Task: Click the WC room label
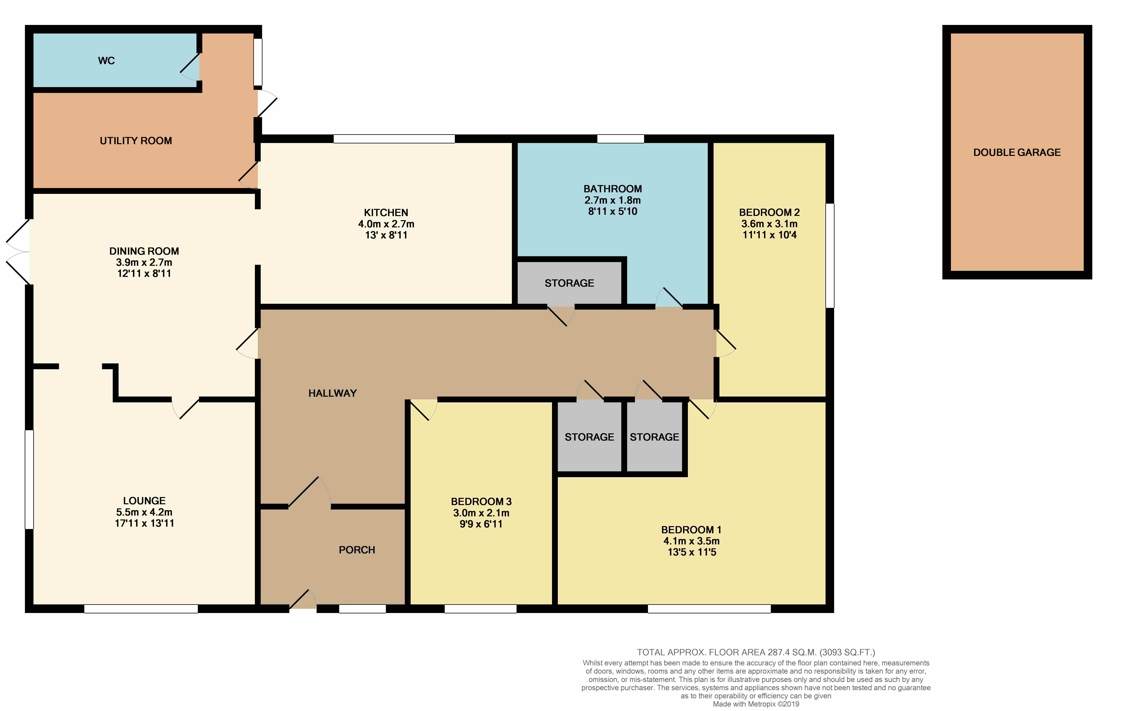[x=107, y=61]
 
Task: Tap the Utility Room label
[x=136, y=141]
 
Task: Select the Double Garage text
[x=1017, y=152]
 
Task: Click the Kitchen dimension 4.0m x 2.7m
[x=386, y=224]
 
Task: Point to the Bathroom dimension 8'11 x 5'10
[x=613, y=211]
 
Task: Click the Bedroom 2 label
[x=769, y=212]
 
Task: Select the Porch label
[x=357, y=550]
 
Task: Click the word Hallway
[x=333, y=393]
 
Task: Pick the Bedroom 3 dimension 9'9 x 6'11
[x=481, y=524]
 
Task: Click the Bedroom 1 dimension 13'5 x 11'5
[x=692, y=552]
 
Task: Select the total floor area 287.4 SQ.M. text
[x=756, y=652]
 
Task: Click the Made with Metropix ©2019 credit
[x=756, y=704]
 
